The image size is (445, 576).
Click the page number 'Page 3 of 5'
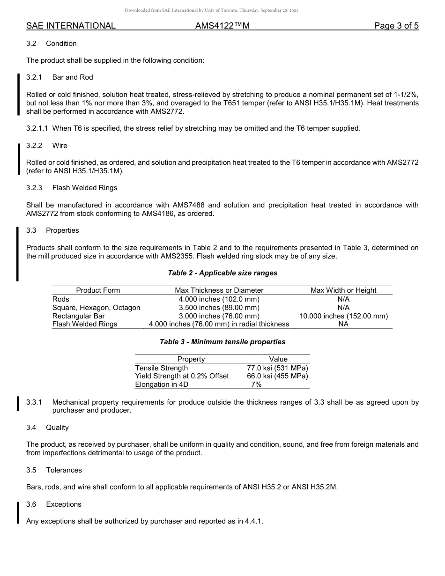(x=396, y=26)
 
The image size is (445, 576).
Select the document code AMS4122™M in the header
(x=222, y=26)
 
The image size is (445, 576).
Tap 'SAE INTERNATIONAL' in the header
(x=71, y=26)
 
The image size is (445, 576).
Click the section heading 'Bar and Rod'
(x=73, y=77)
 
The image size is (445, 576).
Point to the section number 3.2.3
(x=34, y=188)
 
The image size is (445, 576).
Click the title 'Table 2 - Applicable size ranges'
(x=222, y=273)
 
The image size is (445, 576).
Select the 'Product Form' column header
(x=98, y=290)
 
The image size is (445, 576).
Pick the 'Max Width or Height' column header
(x=343, y=290)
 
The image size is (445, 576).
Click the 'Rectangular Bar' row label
(x=79, y=316)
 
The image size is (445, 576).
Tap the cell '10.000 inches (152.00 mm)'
(x=343, y=316)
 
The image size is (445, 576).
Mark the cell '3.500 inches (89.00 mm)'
(x=219, y=308)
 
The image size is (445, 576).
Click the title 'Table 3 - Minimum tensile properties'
(x=222, y=342)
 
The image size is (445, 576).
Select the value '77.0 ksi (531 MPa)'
(x=277, y=368)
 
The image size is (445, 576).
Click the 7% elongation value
(x=256, y=384)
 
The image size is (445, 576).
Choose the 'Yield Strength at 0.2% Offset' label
(x=182, y=376)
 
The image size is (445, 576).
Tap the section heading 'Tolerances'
(x=64, y=470)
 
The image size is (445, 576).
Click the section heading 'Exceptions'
(x=64, y=504)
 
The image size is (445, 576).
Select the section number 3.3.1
(x=34, y=402)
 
